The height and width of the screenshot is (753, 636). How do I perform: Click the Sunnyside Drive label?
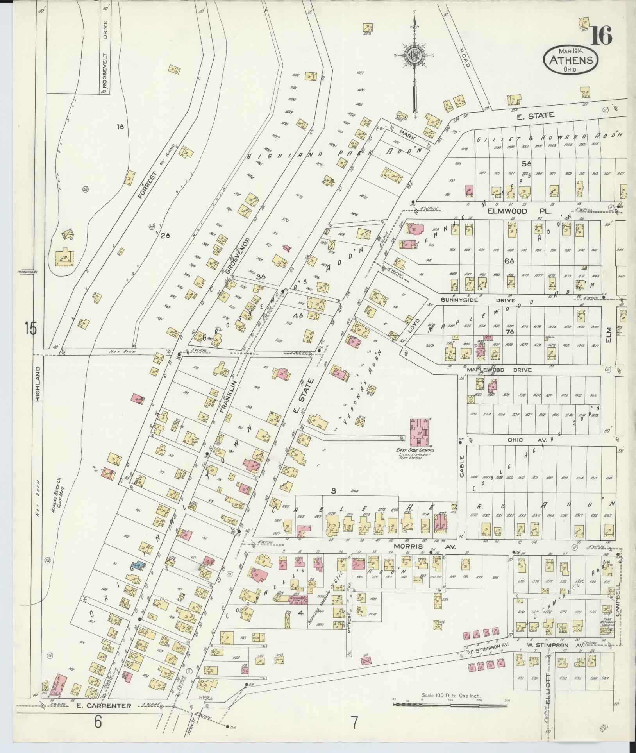pos(477,300)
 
